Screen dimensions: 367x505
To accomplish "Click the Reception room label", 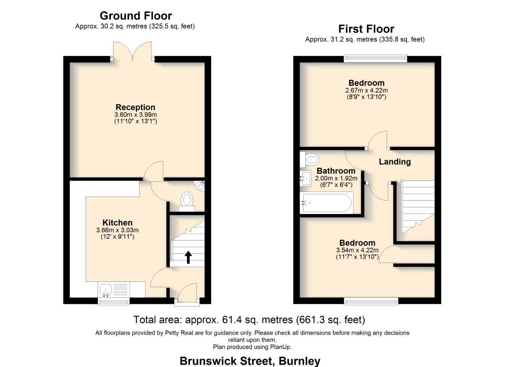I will click(x=135, y=107).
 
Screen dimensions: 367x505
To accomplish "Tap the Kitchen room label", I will click(x=117, y=223).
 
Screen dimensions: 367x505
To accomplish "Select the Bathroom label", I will click(x=336, y=171).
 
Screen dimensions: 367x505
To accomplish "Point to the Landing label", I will click(x=394, y=162).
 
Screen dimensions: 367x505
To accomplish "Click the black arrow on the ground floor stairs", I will click(x=188, y=257).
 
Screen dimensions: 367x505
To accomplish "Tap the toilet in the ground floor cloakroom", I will click(x=187, y=200).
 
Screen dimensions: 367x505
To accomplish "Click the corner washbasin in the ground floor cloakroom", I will click(x=200, y=185).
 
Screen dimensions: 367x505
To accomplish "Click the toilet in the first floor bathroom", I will click(x=310, y=159).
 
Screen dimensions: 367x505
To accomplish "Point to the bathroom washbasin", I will click(x=306, y=178).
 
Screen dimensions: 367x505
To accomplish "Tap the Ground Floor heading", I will click(x=136, y=16).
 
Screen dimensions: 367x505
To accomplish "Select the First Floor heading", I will click(x=366, y=29).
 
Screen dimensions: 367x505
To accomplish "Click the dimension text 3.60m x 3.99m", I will click(x=135, y=115).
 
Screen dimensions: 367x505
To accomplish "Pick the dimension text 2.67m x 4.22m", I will click(x=366, y=90).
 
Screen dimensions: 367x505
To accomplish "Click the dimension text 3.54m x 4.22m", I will click(x=357, y=250).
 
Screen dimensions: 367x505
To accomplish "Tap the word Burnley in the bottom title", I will click(x=299, y=361).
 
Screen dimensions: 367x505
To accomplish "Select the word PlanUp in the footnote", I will click(x=280, y=347).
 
